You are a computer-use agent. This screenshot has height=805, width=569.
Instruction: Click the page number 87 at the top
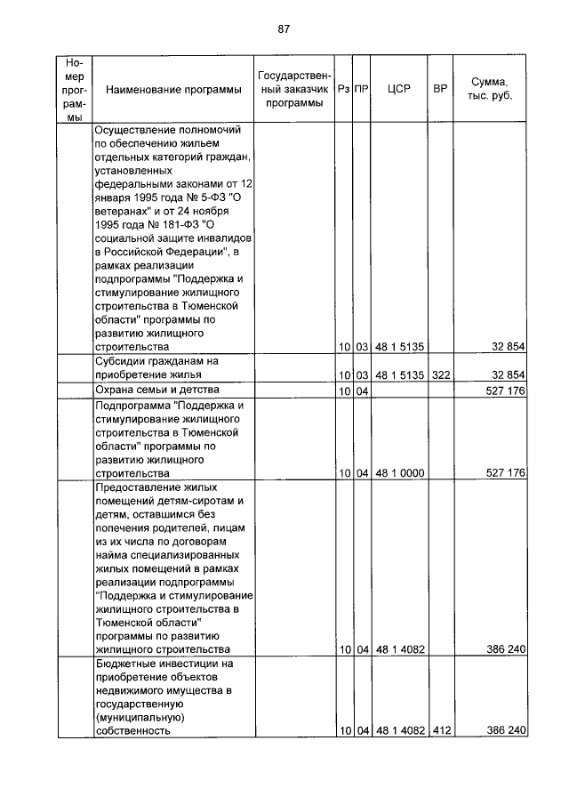[x=284, y=28]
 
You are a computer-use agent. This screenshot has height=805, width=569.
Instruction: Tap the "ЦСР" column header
[x=398, y=90]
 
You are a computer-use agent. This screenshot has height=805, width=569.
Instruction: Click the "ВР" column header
[x=439, y=90]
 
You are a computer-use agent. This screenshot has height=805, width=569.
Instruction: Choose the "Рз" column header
[x=343, y=90]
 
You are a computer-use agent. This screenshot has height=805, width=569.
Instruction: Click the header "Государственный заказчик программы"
[x=294, y=90]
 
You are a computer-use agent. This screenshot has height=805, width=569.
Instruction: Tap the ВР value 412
[x=440, y=730]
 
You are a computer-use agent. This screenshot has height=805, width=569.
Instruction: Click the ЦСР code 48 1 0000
[x=398, y=474]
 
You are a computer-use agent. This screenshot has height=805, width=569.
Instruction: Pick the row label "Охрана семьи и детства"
[x=156, y=390]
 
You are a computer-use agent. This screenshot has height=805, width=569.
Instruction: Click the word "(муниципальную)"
[x=139, y=716]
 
